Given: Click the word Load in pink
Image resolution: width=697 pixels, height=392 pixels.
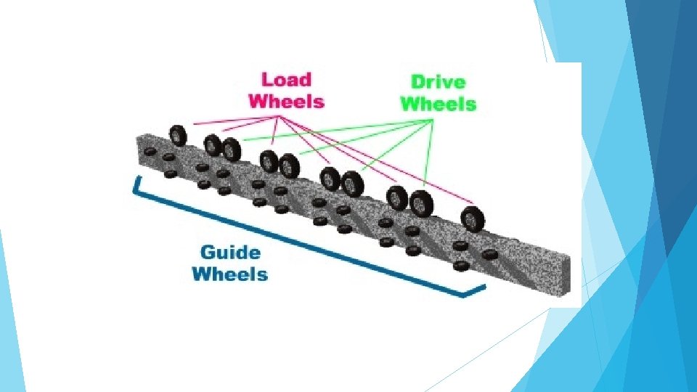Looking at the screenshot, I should click(x=286, y=80).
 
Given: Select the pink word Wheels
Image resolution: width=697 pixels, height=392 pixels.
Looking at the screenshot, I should click(x=286, y=101).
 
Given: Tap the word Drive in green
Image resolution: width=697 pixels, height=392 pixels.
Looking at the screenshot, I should click(x=438, y=82).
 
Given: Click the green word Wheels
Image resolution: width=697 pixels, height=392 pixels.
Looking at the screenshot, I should click(x=438, y=104).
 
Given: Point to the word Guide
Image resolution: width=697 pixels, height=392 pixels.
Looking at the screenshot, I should click(x=229, y=253).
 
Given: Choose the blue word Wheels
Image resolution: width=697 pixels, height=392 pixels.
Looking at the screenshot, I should click(x=229, y=274).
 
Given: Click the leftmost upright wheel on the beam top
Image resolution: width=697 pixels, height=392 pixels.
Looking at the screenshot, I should click(x=178, y=136).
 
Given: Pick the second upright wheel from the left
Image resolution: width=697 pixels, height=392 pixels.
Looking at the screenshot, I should click(x=212, y=145).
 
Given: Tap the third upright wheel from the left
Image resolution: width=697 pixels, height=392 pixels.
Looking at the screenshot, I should click(x=232, y=150).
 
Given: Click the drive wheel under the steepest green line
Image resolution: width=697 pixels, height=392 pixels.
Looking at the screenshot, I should click(x=420, y=203).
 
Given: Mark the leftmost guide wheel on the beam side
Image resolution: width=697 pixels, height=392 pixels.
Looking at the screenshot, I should click(x=150, y=152).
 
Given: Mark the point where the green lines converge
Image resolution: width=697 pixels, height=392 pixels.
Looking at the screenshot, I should click(x=433, y=121).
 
